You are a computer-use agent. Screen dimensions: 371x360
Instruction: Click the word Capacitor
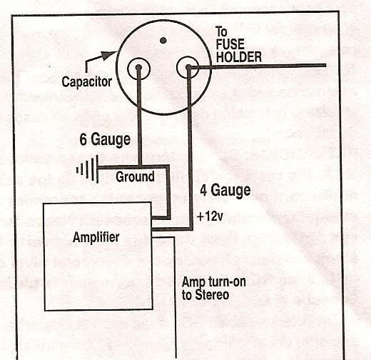(x=87, y=82)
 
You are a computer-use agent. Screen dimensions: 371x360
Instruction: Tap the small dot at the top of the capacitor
(x=163, y=41)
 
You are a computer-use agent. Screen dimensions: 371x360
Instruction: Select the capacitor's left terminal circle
(x=128, y=69)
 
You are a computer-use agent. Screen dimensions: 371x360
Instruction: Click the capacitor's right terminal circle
(x=178, y=67)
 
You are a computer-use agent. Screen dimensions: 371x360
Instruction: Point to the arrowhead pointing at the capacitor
(x=109, y=55)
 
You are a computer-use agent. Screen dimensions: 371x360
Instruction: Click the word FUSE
(x=230, y=44)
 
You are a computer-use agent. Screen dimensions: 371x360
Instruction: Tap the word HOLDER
(x=238, y=57)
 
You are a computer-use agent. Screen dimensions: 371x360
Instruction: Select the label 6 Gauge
(x=105, y=140)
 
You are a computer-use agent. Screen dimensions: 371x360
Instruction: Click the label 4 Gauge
(x=225, y=191)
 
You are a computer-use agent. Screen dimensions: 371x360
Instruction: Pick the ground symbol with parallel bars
(x=88, y=169)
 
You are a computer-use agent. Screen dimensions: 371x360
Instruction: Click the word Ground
(x=135, y=176)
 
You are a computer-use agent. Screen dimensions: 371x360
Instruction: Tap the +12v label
(x=210, y=216)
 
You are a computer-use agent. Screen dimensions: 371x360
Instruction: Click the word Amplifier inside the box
(x=96, y=237)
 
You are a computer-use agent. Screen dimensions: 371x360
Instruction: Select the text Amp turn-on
(x=213, y=282)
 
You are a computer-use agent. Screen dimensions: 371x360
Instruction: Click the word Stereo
(x=212, y=295)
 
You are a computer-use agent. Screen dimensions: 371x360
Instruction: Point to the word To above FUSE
(x=221, y=32)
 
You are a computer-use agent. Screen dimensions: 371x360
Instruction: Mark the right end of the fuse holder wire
(x=325, y=65)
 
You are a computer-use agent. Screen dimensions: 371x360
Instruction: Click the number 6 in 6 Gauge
(x=83, y=139)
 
